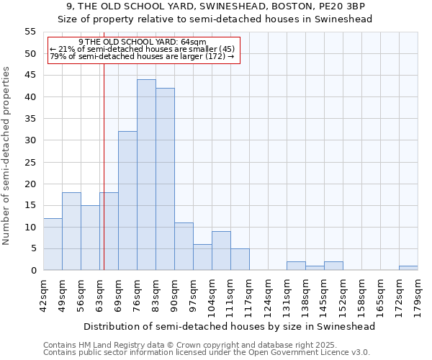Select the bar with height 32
127,201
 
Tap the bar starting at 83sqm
165,179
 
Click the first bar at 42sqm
53,244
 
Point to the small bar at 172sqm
408,268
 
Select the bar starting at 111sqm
240,259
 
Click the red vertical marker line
104,158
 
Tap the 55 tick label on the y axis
30,32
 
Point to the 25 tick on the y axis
30,162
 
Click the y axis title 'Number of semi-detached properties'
6,156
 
